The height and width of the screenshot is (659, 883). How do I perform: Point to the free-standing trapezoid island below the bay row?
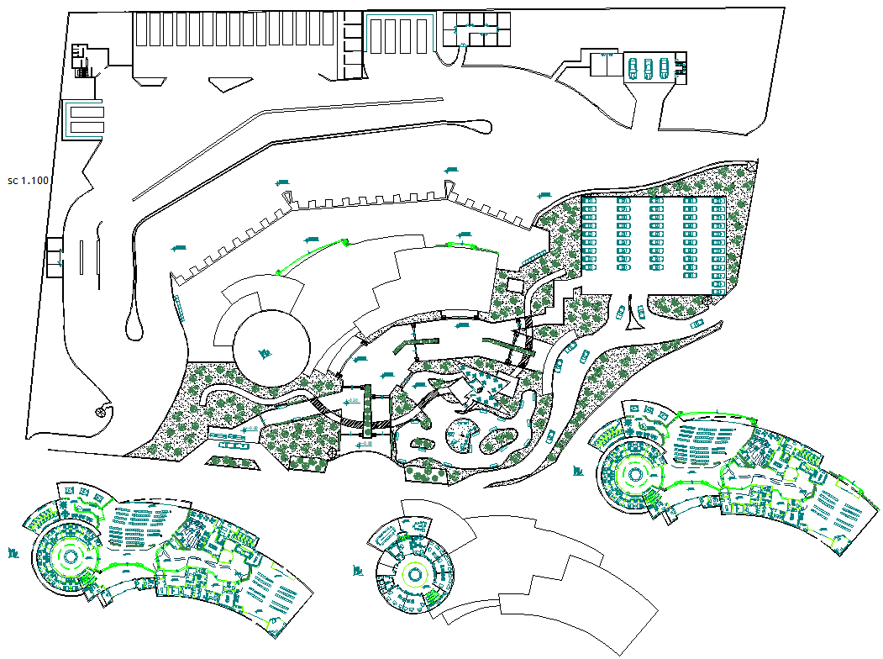(x=230, y=82)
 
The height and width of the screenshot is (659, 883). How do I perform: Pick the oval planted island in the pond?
(x=502, y=439)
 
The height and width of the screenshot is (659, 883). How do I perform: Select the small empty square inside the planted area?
(x=515, y=286)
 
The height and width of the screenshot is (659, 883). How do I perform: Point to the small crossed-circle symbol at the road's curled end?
(x=102, y=412)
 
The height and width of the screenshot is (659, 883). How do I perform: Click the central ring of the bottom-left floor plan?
(x=68, y=557)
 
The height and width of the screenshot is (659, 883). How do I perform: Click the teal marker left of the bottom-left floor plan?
(x=14, y=553)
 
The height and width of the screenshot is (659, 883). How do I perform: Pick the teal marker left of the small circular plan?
(x=359, y=572)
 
